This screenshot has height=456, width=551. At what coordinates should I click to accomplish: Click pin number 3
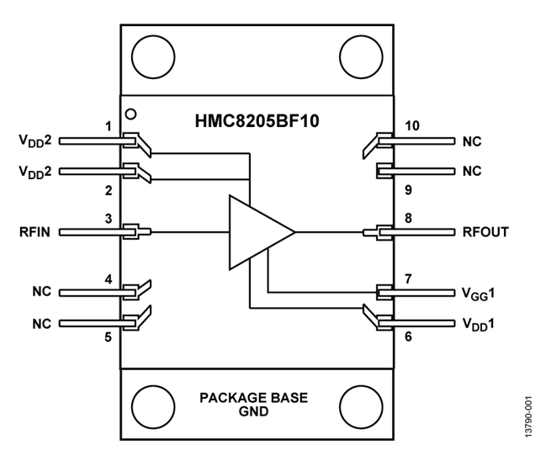pos(109,218)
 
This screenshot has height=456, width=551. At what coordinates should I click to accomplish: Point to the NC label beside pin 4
pos(41,292)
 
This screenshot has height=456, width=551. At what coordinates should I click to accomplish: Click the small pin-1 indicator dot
pos(130,113)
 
